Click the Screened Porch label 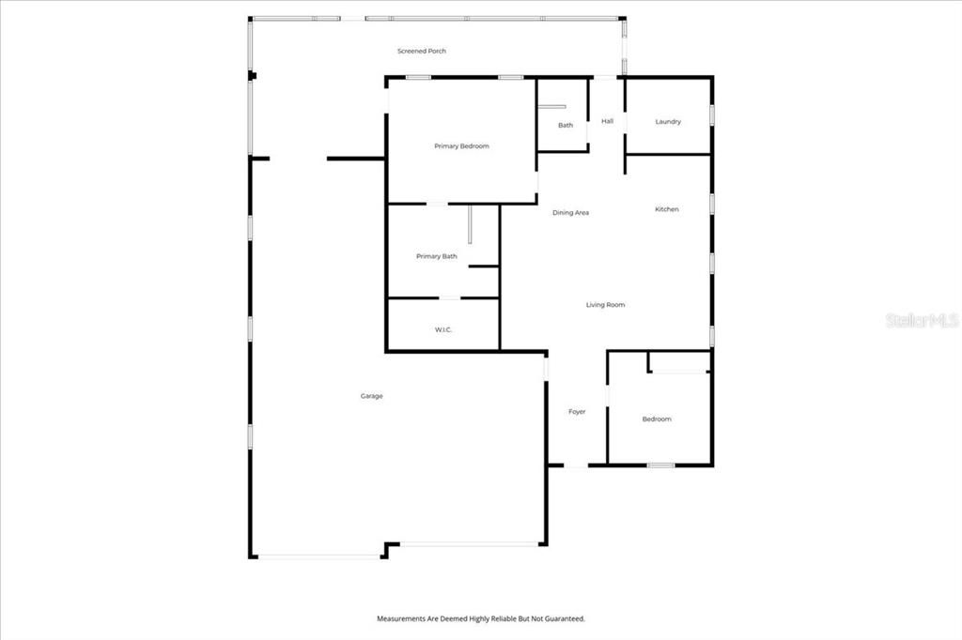click(x=422, y=51)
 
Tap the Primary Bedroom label click(x=461, y=146)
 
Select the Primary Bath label click(x=437, y=256)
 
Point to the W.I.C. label click(x=443, y=329)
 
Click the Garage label click(x=371, y=396)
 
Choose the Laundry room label click(x=668, y=122)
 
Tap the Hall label click(x=607, y=121)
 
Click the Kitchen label click(x=666, y=209)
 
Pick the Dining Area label click(x=570, y=213)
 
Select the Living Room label click(x=605, y=305)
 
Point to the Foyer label click(x=577, y=412)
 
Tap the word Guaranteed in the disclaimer click(x=564, y=619)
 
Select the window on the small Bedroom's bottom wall click(x=660, y=465)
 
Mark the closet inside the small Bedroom click(x=678, y=362)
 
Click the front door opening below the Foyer click(x=576, y=465)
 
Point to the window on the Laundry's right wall click(x=711, y=114)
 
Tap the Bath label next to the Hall click(x=566, y=125)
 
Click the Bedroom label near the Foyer click(x=657, y=419)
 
